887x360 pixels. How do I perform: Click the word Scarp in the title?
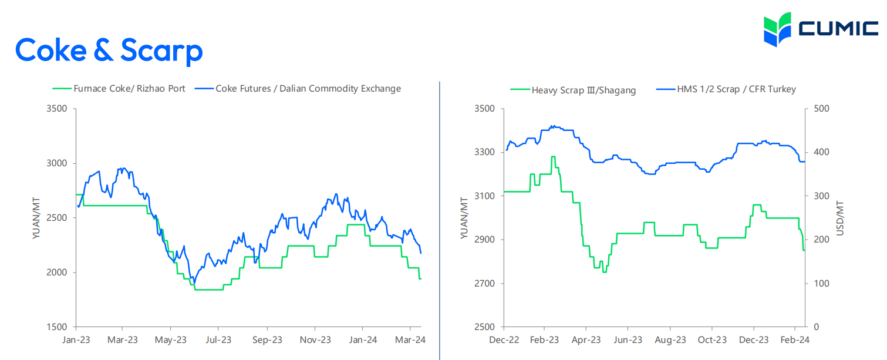click(161, 51)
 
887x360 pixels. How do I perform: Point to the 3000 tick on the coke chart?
click(57, 163)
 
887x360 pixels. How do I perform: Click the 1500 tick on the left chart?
click(57, 327)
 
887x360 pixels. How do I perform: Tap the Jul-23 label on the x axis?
click(218, 340)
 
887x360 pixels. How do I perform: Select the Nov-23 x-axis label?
click(315, 340)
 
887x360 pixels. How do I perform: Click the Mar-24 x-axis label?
click(410, 340)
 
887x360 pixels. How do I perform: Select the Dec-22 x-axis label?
click(504, 340)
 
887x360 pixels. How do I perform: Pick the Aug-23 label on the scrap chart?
click(670, 340)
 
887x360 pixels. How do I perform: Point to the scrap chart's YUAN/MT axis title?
click(464, 218)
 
